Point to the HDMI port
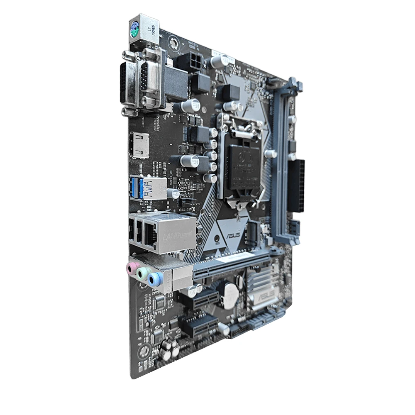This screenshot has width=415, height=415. (139, 146)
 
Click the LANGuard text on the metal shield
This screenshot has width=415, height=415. (174, 236)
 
